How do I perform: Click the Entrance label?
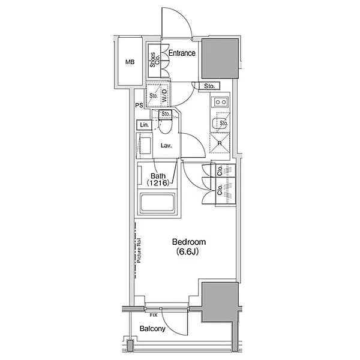182,53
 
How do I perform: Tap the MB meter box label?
130,62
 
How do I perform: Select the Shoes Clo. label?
155,60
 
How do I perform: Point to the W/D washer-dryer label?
165,95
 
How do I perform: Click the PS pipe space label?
139,106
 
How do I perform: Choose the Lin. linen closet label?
145,125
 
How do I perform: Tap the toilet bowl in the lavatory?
166,127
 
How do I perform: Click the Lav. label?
166,145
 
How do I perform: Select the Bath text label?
158,176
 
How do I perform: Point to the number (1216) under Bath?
158,183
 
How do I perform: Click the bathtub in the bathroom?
158,203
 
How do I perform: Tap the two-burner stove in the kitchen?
221,102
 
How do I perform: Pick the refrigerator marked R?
220,143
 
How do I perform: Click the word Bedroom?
189,242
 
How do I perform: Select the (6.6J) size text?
187,251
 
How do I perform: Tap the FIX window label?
154,315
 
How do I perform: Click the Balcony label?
152,329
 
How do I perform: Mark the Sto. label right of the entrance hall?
209,86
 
